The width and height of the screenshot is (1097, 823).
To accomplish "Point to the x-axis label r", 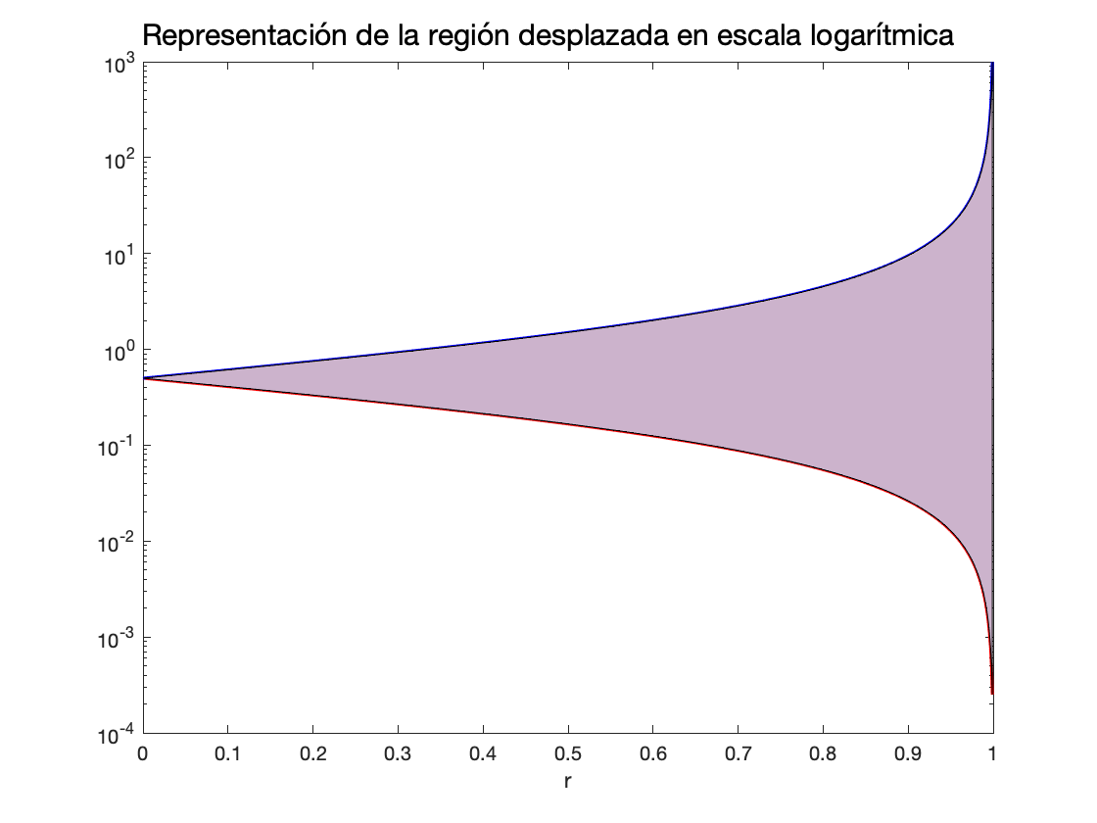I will [x=567, y=783].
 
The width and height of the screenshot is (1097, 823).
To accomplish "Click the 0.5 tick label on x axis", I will [x=568, y=755].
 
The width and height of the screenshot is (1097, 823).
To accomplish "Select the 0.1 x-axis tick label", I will [x=227, y=755].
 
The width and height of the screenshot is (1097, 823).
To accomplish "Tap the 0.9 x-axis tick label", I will [x=908, y=755].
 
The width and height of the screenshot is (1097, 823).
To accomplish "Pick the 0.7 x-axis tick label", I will [x=738, y=755].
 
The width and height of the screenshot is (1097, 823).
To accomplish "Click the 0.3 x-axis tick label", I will [x=398, y=755].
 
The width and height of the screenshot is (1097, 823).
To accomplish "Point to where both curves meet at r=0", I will [x=143, y=377].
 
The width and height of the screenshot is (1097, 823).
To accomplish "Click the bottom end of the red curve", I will [x=992, y=693].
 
